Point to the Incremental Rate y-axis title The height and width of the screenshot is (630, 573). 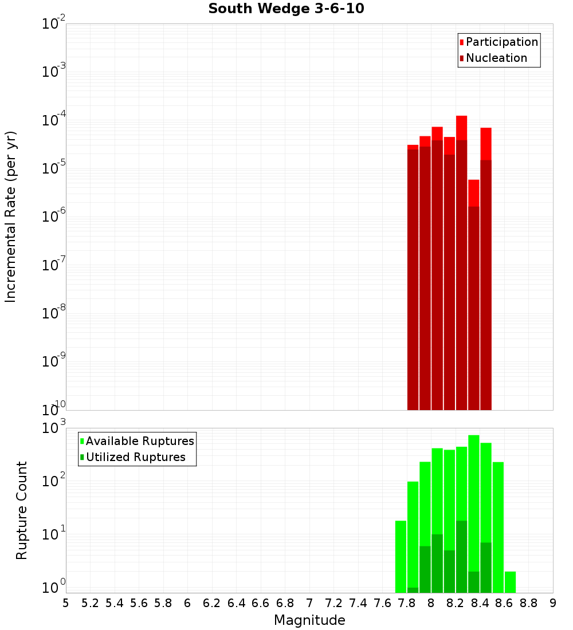pyautogui.click(x=11, y=216)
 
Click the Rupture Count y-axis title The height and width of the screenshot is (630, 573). pyautogui.click(x=22, y=510)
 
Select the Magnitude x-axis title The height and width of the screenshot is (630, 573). pyautogui.click(x=309, y=620)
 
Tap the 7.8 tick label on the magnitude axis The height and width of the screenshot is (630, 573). pyautogui.click(x=407, y=603)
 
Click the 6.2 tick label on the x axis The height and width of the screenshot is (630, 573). pyautogui.click(x=212, y=603)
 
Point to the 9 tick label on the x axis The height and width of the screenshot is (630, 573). pyautogui.click(x=553, y=603)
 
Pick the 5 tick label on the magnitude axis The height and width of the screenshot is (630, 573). pyautogui.click(x=66, y=603)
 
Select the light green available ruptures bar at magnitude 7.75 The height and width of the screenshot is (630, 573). pyautogui.click(x=401, y=556)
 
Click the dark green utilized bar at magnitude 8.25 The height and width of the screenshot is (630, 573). pyautogui.click(x=461, y=556)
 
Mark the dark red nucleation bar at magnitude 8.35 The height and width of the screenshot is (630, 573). pyautogui.click(x=474, y=309)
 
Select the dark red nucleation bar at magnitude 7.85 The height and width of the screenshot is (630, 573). pyautogui.click(x=413, y=281)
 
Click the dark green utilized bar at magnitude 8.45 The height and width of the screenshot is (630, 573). pyautogui.click(x=486, y=567)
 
